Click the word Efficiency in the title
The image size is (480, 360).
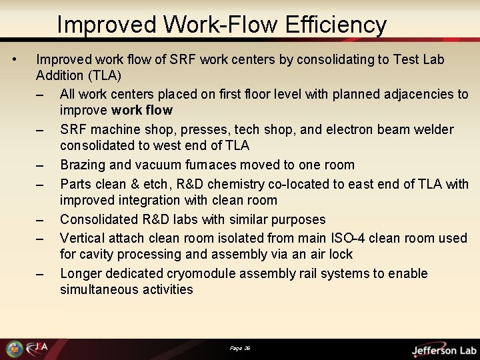336,25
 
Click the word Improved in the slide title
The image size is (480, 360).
107,25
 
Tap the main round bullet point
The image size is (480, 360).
15,59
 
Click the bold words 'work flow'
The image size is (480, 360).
142,110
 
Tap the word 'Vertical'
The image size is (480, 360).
82,238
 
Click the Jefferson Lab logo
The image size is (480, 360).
443,350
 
